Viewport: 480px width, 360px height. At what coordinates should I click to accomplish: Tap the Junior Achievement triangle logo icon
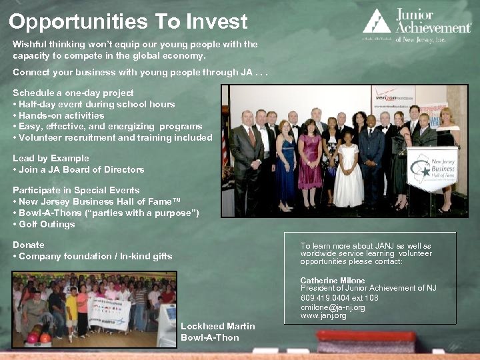(377, 21)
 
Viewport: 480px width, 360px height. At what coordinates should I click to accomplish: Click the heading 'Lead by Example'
(51, 159)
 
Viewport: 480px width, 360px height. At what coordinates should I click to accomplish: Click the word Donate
(29, 245)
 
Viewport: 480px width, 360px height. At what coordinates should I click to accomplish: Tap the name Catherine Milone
(333, 281)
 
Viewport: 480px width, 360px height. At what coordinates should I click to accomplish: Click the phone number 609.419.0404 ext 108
(339, 298)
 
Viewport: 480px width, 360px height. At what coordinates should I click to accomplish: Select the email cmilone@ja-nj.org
(333, 307)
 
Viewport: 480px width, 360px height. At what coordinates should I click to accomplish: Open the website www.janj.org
(323, 316)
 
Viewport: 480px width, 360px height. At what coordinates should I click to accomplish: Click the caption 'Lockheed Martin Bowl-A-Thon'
(217, 331)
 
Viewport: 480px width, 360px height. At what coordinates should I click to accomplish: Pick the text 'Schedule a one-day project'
(73, 93)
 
